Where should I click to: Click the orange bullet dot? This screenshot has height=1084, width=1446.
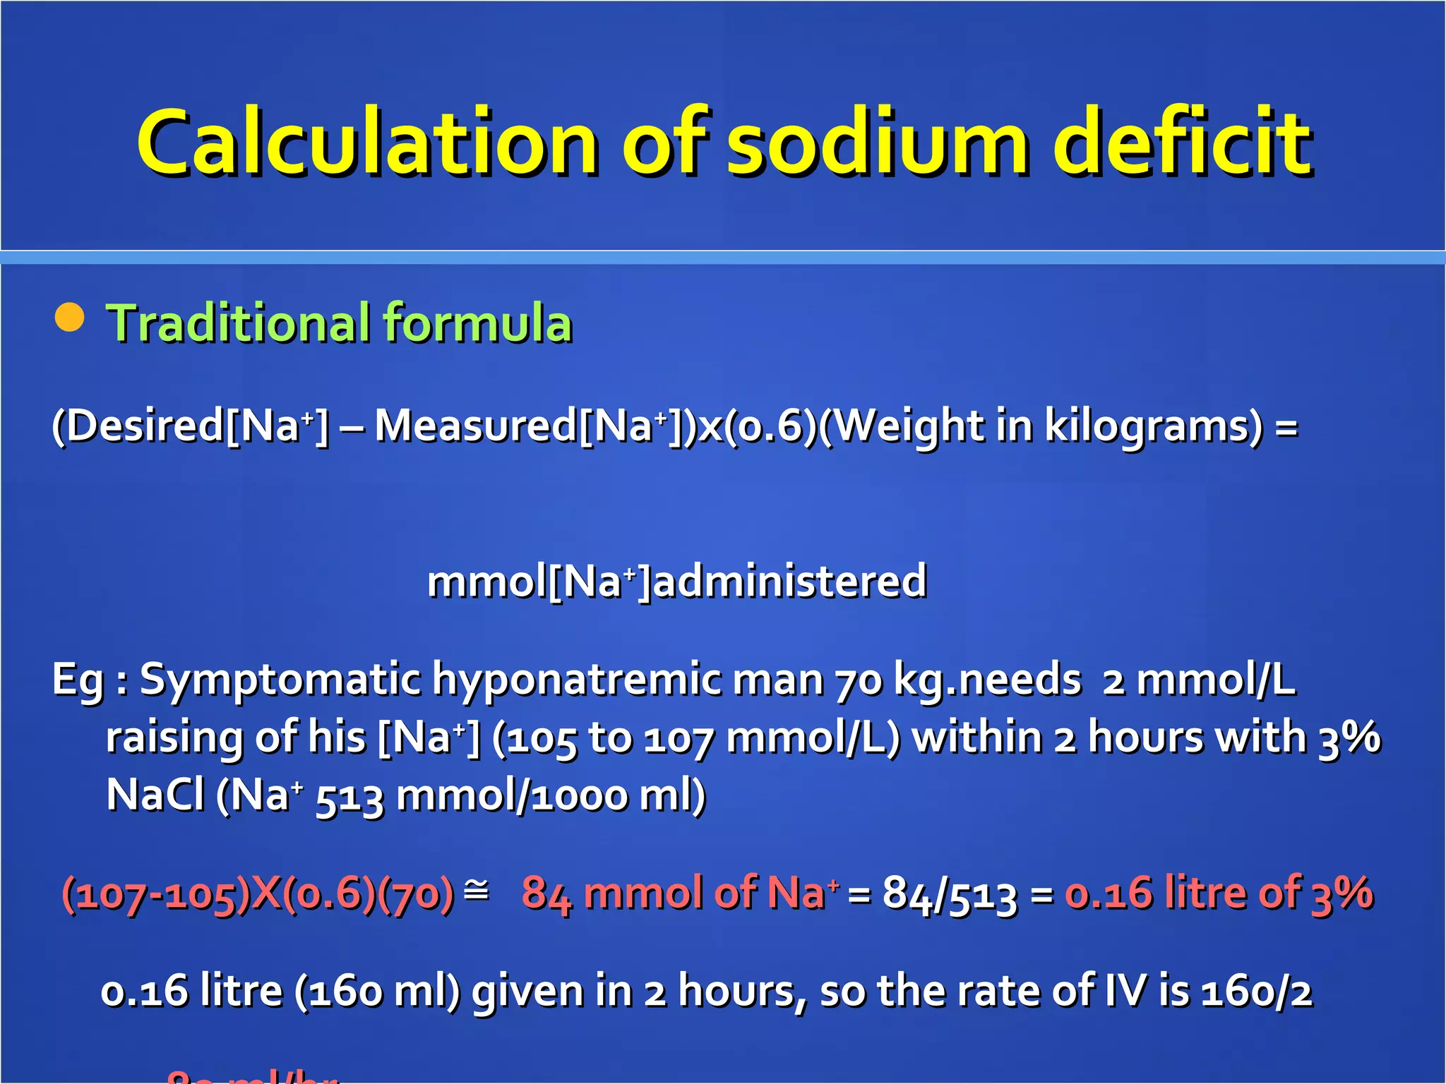pyautogui.click(x=69, y=317)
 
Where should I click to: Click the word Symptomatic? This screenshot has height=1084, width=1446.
pyautogui.click(x=280, y=680)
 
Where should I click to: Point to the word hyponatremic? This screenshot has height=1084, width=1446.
pyautogui.click(x=577, y=680)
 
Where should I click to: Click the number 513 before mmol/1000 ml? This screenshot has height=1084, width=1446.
pyautogui.click(x=349, y=797)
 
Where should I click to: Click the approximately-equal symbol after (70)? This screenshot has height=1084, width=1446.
pyautogui.click(x=477, y=891)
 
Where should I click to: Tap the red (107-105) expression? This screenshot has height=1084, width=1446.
pyautogui.click(x=156, y=893)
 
